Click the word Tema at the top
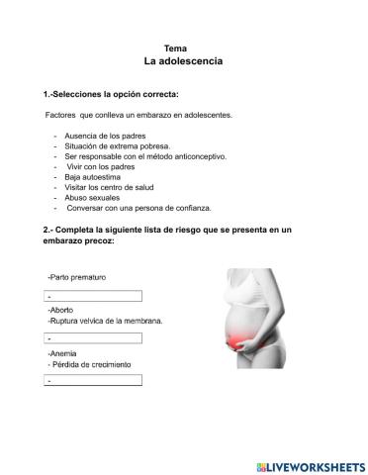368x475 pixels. [x=175, y=47]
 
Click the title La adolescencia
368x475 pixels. [x=183, y=61]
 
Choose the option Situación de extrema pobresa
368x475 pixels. [x=116, y=144]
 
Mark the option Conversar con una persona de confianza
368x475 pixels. [x=138, y=209]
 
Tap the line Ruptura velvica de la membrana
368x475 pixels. [x=105, y=321]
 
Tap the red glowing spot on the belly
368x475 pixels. [x=239, y=343]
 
